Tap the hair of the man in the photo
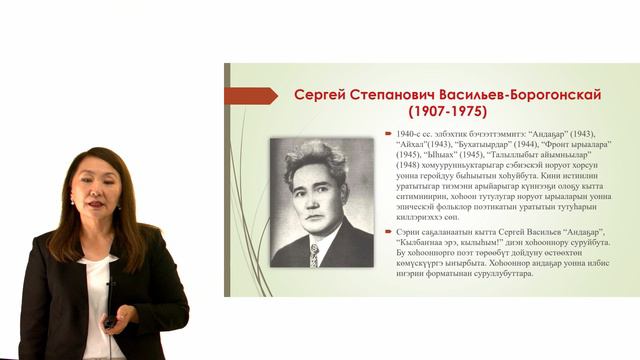[x=315, y=160]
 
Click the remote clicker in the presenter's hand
[x=112, y=320]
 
